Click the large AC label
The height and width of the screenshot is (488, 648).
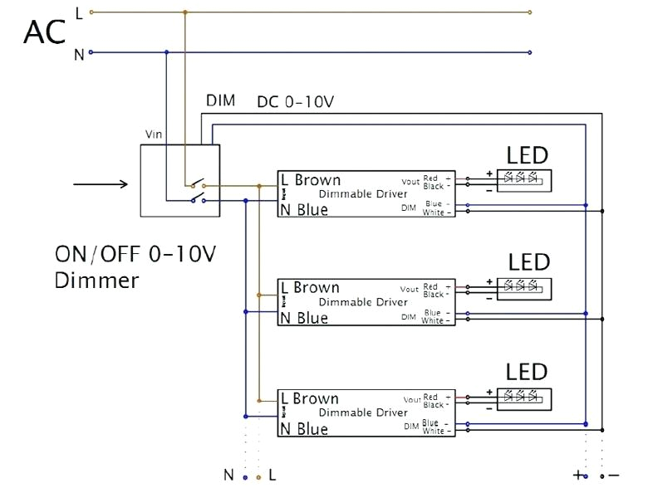[x=44, y=33]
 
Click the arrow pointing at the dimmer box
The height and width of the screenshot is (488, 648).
[x=100, y=184]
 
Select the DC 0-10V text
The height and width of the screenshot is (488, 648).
[x=296, y=102]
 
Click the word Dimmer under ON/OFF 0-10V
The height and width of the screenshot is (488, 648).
[x=96, y=280]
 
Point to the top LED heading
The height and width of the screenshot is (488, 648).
[x=528, y=155]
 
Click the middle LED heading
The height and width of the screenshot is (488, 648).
[x=529, y=262]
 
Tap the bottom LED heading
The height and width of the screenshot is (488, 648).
[x=528, y=371]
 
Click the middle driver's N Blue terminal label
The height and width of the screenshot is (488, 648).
[x=304, y=318]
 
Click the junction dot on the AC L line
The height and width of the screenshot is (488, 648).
[x=185, y=12]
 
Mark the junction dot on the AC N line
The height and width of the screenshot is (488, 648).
[x=167, y=52]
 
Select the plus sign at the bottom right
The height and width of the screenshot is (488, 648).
[x=577, y=475]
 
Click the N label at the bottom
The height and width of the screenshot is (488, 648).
[x=228, y=475]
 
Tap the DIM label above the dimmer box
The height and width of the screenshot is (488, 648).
[x=220, y=101]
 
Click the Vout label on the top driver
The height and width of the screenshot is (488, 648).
[x=410, y=182]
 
